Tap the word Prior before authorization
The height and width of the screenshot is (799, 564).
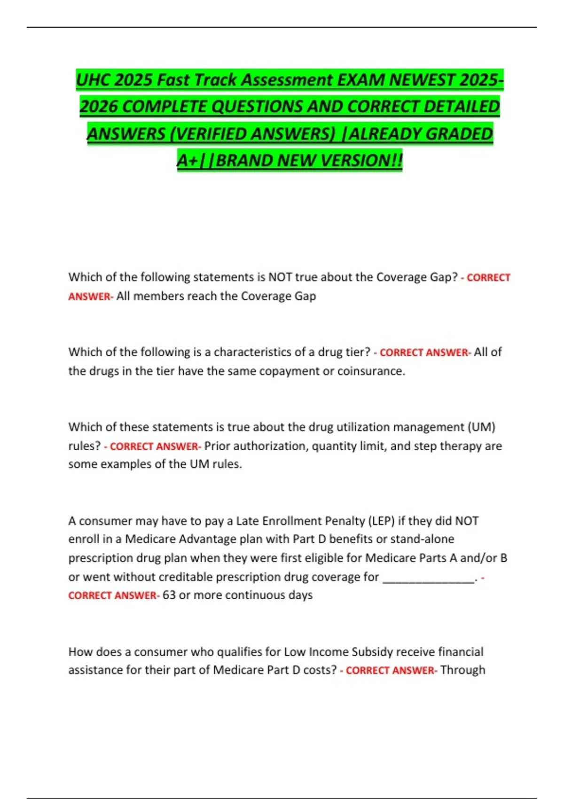click(x=217, y=446)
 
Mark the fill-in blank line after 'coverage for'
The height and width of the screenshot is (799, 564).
click(x=428, y=579)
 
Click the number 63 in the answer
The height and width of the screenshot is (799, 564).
click(x=169, y=595)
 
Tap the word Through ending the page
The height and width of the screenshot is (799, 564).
click(x=462, y=670)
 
